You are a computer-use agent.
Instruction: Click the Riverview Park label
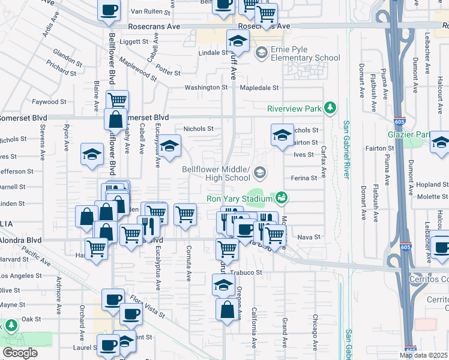pos(295,109)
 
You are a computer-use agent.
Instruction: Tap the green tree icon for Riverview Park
pos(330,108)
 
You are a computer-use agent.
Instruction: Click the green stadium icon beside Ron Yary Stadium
pos(281,197)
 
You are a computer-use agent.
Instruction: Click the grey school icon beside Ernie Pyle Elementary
pos(261,53)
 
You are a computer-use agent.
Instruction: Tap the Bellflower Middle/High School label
pos(215,173)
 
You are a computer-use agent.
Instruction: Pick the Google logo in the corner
pos(20,353)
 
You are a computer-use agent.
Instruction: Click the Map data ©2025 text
pos(423,355)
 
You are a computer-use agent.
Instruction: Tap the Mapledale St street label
pos(259,88)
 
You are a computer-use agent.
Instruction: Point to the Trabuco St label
pos(247,272)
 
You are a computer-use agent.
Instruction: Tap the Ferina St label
pos(304,178)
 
